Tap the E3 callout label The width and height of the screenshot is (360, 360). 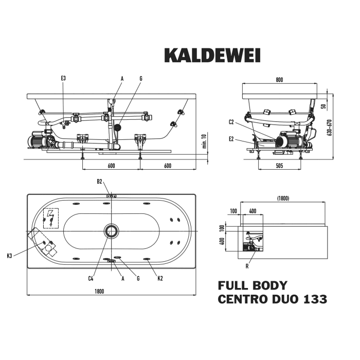tap(63, 78)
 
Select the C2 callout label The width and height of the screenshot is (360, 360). tap(231, 122)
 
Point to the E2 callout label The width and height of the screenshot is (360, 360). tap(231, 139)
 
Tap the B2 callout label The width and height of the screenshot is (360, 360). tap(100, 181)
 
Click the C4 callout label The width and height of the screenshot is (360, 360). tap(90, 278)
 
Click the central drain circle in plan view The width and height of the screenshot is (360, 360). tap(111, 231)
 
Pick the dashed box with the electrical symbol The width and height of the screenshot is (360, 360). tap(51, 217)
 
